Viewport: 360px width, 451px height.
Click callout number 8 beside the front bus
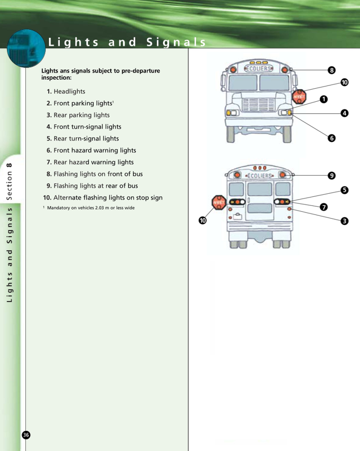point(332,70)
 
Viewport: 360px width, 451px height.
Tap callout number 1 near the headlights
point(324,99)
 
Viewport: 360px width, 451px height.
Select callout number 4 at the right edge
point(345,113)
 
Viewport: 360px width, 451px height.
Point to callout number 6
point(332,138)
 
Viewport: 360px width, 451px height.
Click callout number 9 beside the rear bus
point(332,176)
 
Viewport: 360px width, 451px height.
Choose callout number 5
point(345,190)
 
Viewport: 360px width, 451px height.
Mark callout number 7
point(324,207)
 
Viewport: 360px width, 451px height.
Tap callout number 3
point(345,221)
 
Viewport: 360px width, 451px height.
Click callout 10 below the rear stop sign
point(203,220)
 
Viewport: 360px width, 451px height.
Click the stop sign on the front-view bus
point(299,96)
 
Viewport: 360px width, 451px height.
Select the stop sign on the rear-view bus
point(219,202)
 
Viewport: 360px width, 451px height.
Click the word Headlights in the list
point(69,92)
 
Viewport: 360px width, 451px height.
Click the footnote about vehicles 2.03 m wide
point(89,208)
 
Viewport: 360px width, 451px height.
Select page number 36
point(26,435)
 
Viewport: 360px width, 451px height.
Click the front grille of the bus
point(258,105)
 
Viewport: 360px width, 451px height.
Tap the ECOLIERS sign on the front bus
point(258,69)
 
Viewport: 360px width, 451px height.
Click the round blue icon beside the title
point(26,48)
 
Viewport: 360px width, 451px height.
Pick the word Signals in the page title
point(176,42)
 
